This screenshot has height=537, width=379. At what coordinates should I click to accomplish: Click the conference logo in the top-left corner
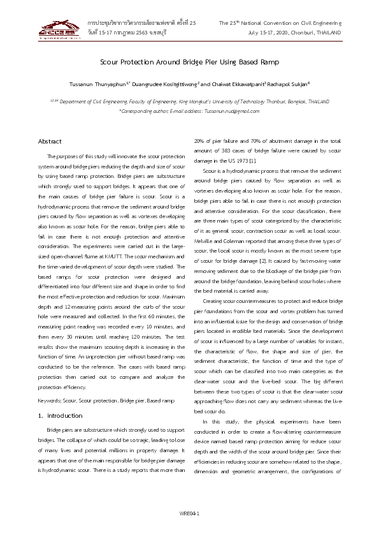[x=59, y=29]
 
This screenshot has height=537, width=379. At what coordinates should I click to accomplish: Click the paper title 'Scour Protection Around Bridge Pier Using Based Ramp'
[x=189, y=62]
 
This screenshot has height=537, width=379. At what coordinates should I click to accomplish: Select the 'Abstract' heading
[x=50, y=141]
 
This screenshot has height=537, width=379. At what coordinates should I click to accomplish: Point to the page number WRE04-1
[x=189, y=511]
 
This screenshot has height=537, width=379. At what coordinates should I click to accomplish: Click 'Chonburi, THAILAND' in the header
[x=316, y=33]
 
